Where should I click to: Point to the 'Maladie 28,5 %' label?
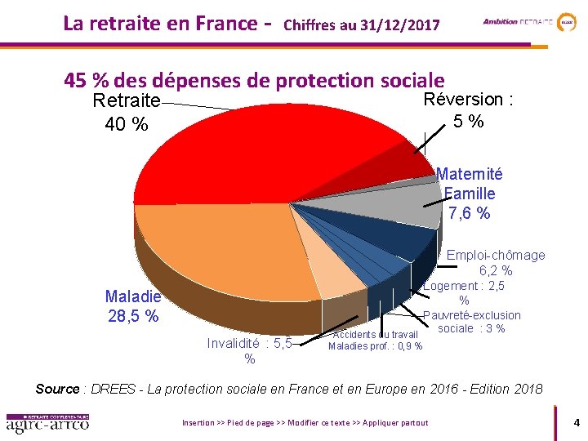tap(132, 306)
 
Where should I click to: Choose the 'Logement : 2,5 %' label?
tap(465, 293)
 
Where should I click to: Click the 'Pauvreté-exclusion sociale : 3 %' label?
tap(472, 322)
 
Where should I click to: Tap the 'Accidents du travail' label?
tap(376, 334)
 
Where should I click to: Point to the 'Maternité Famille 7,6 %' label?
tap(470, 194)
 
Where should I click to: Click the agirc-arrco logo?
tap(47, 424)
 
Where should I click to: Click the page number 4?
tap(577, 423)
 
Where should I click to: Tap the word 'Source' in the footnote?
tap(57, 389)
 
